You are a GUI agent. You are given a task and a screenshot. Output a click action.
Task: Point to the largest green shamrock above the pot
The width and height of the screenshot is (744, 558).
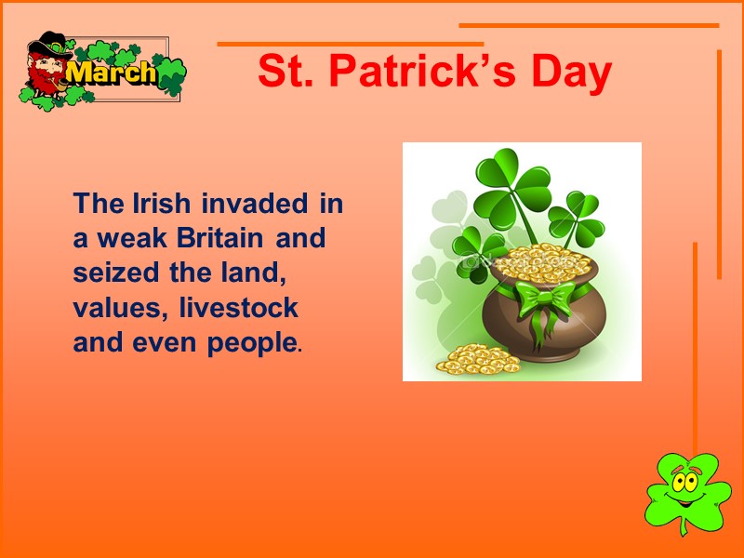pos(511,187)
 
